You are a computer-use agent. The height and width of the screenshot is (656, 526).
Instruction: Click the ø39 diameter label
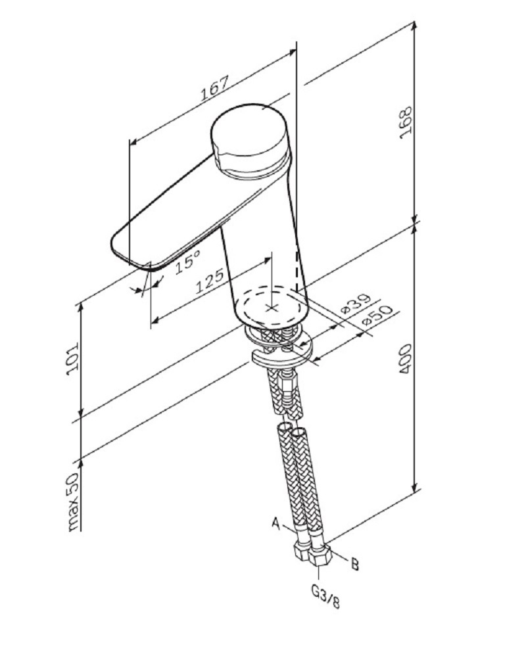(x=357, y=304)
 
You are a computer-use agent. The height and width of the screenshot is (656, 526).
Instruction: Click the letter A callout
(x=277, y=523)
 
